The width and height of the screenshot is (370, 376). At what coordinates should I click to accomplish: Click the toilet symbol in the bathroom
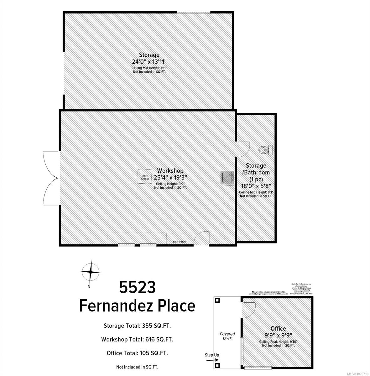point(266,150)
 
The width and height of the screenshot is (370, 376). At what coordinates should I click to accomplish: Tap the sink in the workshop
point(227,177)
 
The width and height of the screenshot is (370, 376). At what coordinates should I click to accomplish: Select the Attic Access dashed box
point(145,177)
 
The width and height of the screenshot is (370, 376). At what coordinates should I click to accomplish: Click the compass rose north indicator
point(90,271)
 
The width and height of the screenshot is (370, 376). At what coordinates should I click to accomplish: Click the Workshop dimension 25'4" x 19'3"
point(170,177)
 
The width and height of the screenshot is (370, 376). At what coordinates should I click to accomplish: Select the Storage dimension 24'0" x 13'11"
point(149,61)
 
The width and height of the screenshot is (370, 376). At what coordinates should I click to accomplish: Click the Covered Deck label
point(227,336)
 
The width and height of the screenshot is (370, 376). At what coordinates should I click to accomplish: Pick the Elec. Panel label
point(180,242)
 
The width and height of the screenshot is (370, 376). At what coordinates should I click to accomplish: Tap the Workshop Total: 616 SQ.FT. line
point(137,339)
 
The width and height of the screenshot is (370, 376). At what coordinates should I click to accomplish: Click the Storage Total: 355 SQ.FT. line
point(137,326)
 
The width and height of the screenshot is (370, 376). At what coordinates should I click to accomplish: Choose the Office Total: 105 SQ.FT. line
point(137,353)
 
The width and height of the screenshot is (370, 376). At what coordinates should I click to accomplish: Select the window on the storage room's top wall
point(194,13)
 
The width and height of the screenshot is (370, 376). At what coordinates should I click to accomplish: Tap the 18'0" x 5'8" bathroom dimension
point(256,185)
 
